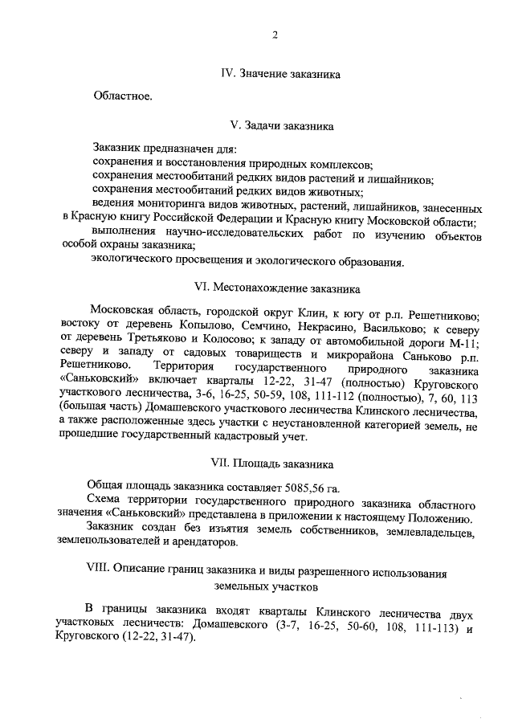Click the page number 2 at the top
point(275,35)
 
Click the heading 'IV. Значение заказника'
point(280,74)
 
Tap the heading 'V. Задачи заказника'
point(281,126)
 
